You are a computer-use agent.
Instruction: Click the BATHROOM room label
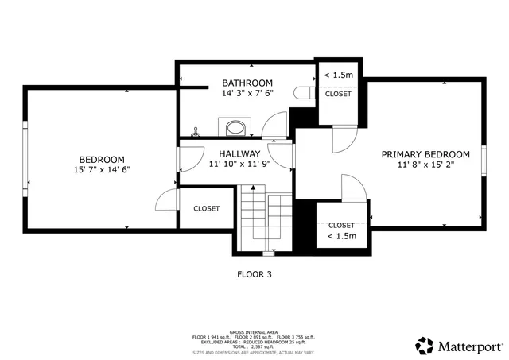pos(247,83)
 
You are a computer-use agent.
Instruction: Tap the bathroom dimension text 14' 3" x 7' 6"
pos(247,93)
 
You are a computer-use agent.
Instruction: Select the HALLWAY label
pos(239,154)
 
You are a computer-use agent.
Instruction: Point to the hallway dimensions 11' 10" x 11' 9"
pos(239,165)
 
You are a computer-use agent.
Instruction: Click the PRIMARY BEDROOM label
pos(425,154)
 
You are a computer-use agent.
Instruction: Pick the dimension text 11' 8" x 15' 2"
pos(425,165)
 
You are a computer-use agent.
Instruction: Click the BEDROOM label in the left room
pos(101,158)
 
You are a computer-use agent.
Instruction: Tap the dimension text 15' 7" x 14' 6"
pos(101,168)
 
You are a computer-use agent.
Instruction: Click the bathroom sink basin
pos(235,127)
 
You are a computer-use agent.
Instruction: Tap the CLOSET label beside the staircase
pos(206,208)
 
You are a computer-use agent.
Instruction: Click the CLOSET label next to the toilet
pos(338,94)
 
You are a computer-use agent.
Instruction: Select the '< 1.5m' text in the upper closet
pos(338,75)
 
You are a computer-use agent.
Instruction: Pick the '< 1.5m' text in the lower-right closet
pos(341,236)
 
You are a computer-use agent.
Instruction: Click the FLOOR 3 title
pos(254,274)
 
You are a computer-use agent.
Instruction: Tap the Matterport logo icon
pos(425,346)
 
